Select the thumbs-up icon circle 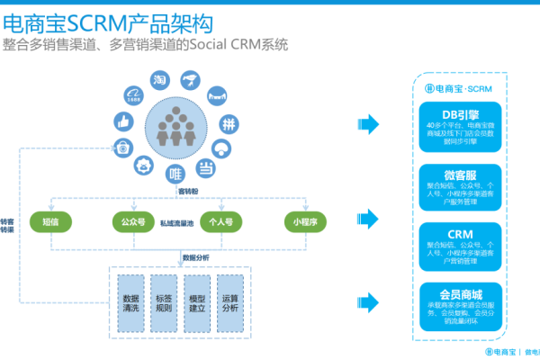point(122,121)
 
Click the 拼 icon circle point(229,123)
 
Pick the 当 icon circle point(206,166)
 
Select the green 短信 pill point(50,220)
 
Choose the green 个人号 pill point(220,220)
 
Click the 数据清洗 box point(130,303)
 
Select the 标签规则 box point(164,303)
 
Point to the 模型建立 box point(197,303)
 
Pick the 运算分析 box point(230,303)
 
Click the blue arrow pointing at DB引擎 point(366,122)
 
